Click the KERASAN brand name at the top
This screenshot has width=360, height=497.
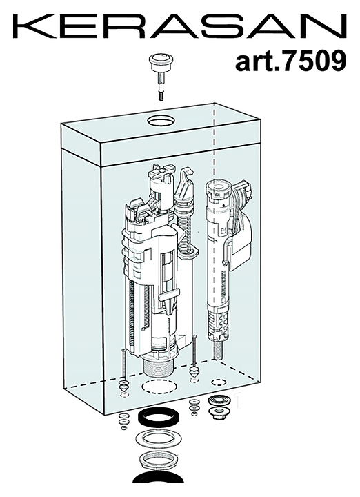pos(180,26)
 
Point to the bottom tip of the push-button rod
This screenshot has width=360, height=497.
pos(161,100)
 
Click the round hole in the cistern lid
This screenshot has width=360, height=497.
pos(161,120)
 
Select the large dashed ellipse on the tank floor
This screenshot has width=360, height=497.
pos(159,387)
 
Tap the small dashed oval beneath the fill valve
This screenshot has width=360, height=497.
pos(218,382)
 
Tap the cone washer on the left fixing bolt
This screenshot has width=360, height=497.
pos(124,387)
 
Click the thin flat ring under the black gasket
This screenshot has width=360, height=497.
pos(159,439)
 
